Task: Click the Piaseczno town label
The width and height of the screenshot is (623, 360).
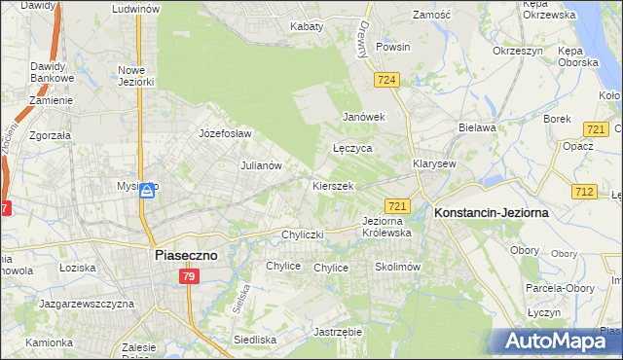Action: pos(187,255)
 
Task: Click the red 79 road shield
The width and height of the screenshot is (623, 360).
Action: pos(189,278)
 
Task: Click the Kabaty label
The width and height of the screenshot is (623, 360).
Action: pos(307,26)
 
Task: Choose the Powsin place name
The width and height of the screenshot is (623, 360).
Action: pos(393,47)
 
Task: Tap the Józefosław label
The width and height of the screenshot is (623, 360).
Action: pos(225,133)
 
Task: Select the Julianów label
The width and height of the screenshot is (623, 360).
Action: pos(261,165)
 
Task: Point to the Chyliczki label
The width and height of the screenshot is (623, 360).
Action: pos(301,234)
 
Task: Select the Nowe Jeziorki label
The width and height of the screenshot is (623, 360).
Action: pos(136,76)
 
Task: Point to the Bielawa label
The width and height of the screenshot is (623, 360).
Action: pos(477,127)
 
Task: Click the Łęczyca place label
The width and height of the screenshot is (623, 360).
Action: pos(352,149)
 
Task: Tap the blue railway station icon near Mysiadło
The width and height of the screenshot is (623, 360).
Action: pos(147,191)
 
